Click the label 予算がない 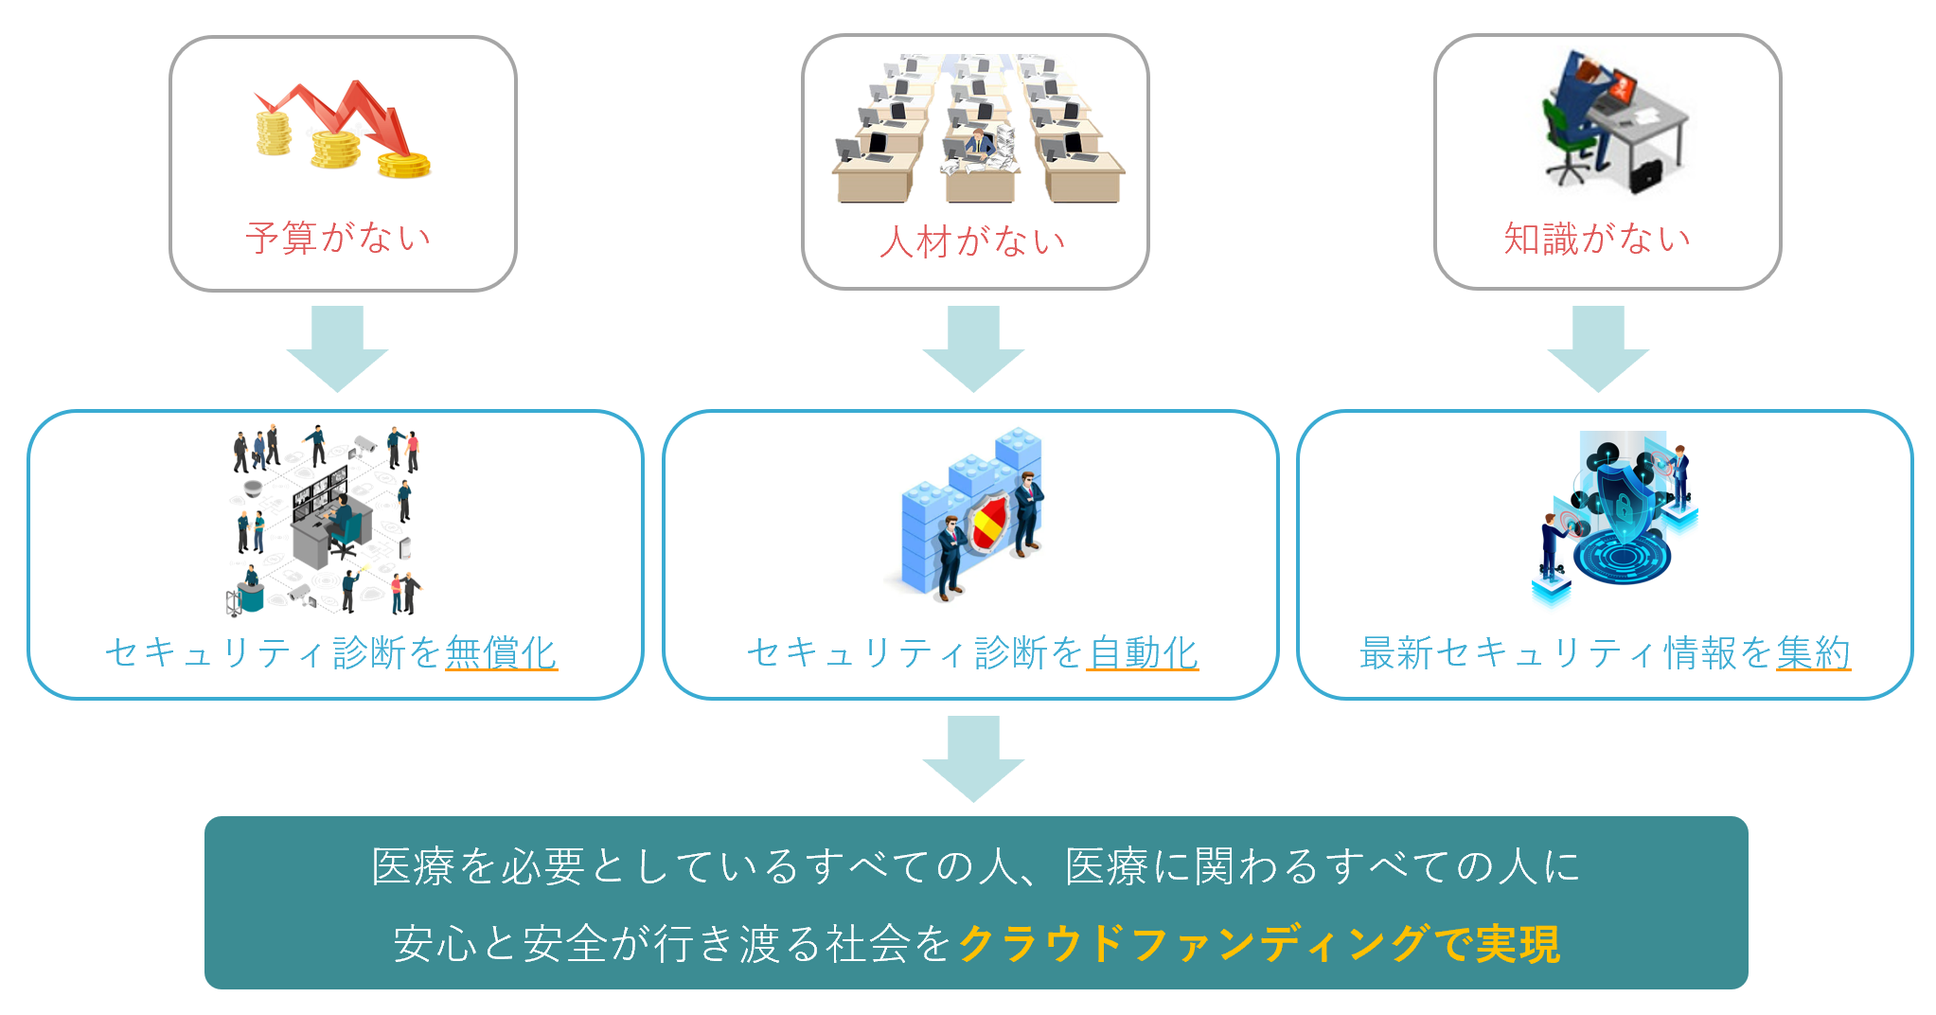click(x=338, y=238)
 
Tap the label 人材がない click(x=972, y=241)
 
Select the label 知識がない click(x=1597, y=239)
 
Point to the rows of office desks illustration click(x=978, y=128)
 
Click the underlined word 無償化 click(x=501, y=652)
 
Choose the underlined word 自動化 click(x=1143, y=652)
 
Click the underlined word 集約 click(x=1813, y=652)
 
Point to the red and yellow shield click(x=987, y=524)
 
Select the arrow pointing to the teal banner click(x=973, y=757)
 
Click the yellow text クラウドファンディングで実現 click(x=1259, y=944)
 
